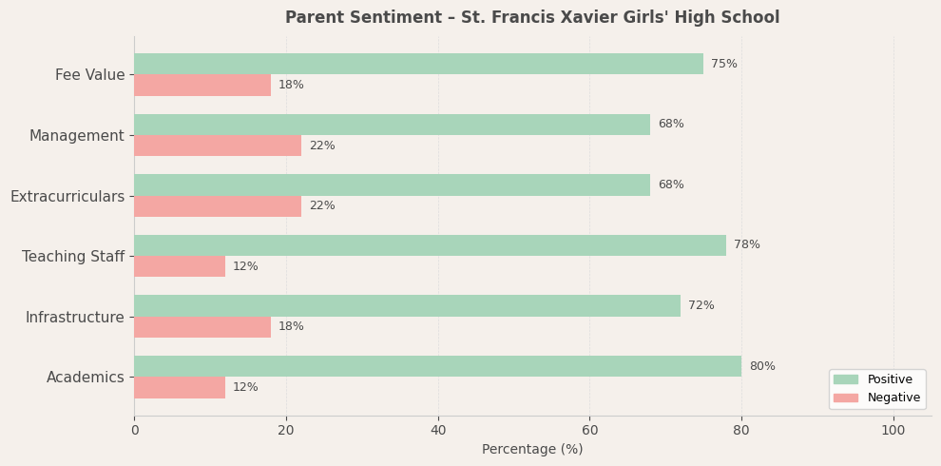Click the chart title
pyautogui.click(x=531, y=18)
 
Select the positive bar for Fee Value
pyautogui.click(x=418, y=64)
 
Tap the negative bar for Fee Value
pyautogui.click(x=202, y=86)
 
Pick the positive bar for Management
pyautogui.click(x=392, y=125)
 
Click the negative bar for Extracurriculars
pyautogui.click(x=218, y=206)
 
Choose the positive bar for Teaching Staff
pyautogui.click(x=430, y=245)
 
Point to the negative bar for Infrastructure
pyautogui.click(x=202, y=327)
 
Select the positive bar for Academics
pyautogui.click(x=437, y=366)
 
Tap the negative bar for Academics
pyautogui.click(x=180, y=388)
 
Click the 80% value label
pyautogui.click(x=762, y=366)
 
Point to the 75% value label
pyautogui.click(x=724, y=64)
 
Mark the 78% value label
pyautogui.click(x=747, y=245)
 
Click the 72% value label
pyautogui.click(x=701, y=305)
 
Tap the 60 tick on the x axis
pyautogui.click(x=589, y=431)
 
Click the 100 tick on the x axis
pyautogui.click(x=893, y=431)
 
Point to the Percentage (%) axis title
pyautogui.click(x=532, y=450)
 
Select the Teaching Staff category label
pyautogui.click(x=73, y=257)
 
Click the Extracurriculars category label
pyautogui.click(x=67, y=197)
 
